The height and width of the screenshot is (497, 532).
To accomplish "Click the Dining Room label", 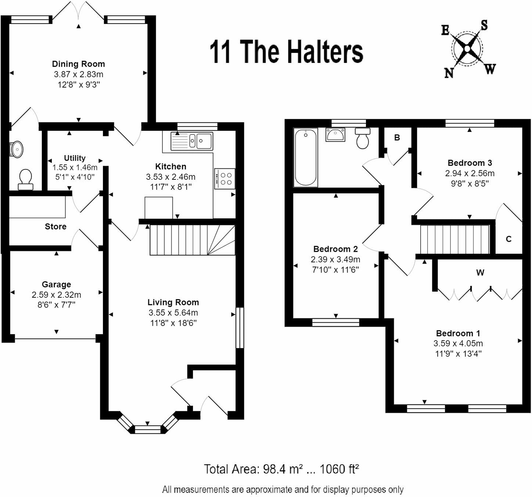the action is pos(78,64).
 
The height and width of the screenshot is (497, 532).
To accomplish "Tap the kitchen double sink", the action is pos(192,141).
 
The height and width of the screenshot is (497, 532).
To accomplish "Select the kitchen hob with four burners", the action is pos(225,179).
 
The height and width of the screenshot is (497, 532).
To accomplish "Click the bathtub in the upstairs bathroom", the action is pos(306,157).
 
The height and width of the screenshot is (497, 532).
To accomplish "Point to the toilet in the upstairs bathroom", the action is pos(363,138).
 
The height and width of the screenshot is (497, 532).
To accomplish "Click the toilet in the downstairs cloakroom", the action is pos(26,179).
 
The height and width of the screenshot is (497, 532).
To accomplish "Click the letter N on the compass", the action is pos(449,73).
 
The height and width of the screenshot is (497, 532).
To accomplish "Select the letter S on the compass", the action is pos(484,25).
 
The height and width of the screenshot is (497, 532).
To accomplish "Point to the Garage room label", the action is pos(56,284).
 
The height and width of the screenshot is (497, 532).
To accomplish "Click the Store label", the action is pos(55,226).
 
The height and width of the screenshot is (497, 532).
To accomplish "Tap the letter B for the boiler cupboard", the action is pos(397,137).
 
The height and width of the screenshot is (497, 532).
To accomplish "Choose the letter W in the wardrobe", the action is pos(480,273).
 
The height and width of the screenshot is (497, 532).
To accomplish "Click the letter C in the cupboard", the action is pos(509,239).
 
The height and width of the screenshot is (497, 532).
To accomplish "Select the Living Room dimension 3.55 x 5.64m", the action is pos(173,312).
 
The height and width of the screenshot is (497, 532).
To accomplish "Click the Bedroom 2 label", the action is pos(335,249).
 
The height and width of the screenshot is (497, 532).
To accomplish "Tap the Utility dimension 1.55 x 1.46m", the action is pos(75,168).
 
